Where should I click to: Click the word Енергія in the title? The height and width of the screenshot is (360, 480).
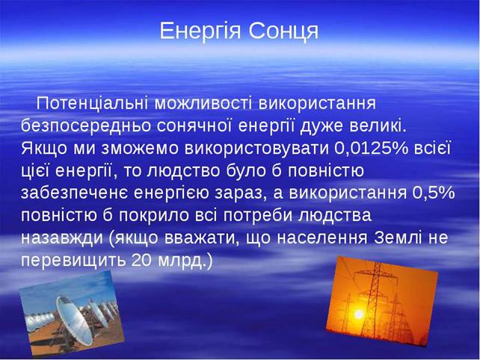pyautogui.click(x=200, y=31)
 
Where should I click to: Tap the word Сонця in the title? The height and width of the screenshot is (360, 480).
pyautogui.click(x=283, y=31)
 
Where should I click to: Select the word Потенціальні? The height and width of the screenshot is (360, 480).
pyautogui.click(x=92, y=104)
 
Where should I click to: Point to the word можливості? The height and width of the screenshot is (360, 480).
pyautogui.click(x=203, y=104)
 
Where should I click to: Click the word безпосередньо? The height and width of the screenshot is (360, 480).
pyautogui.click(x=86, y=126)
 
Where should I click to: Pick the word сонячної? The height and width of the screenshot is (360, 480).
pyautogui.click(x=194, y=125)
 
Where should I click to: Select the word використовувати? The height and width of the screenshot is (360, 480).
pyautogui.click(x=256, y=149)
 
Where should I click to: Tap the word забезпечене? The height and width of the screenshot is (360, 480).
pyautogui.click(x=75, y=193)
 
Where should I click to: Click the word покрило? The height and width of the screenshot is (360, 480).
pyautogui.click(x=154, y=216)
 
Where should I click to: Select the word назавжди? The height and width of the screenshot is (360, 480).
pyautogui.click(x=62, y=238)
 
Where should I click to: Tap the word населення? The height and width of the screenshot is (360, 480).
pyautogui.click(x=322, y=238)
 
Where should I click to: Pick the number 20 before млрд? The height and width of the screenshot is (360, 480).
pyautogui.click(x=142, y=260)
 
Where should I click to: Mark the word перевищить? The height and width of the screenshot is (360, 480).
pyautogui.click(x=73, y=261)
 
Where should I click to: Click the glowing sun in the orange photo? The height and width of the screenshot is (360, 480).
pyautogui.click(x=358, y=314)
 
